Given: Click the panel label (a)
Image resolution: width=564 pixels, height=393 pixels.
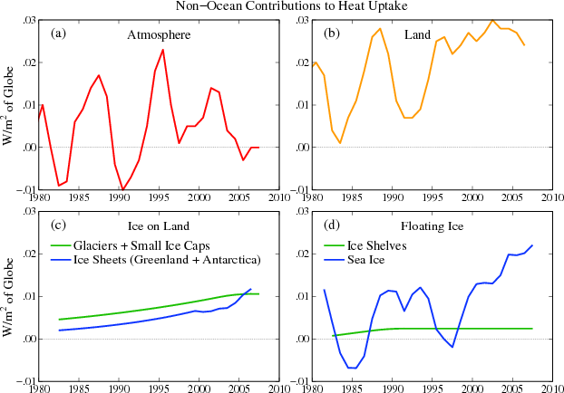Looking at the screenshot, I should [x=59, y=34].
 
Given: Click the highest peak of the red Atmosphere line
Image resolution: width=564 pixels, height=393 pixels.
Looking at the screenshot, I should [x=163, y=49].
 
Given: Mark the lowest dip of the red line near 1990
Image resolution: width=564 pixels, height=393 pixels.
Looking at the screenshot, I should [x=122, y=189].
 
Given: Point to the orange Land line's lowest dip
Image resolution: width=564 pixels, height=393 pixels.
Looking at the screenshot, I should [x=340, y=143].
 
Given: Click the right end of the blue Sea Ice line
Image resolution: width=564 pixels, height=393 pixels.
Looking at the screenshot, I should [x=532, y=245].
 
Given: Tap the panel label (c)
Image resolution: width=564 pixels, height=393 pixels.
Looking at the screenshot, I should [x=59, y=225].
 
